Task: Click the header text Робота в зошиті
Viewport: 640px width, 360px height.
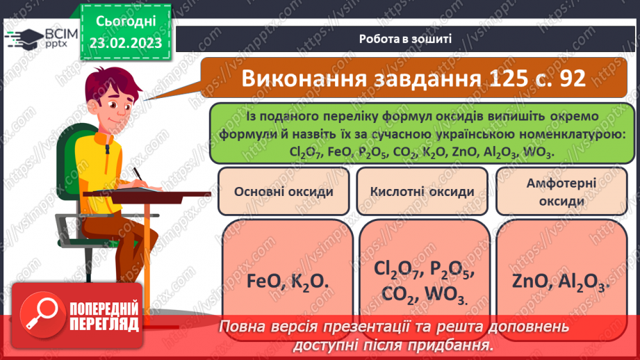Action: (406, 39)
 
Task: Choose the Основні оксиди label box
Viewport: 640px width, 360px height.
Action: (284, 192)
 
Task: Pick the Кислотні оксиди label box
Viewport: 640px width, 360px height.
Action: (422, 192)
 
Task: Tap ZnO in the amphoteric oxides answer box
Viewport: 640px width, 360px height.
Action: (530, 283)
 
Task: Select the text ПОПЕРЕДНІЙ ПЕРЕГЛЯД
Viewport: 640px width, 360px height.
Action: (104, 316)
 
